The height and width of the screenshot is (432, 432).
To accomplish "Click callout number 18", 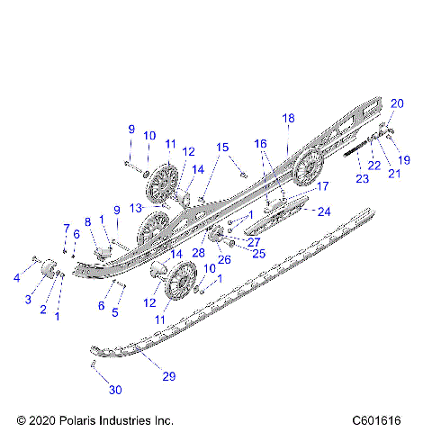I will pyautogui.click(x=288, y=118).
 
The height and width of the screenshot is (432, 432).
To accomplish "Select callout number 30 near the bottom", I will pyautogui.click(x=113, y=390).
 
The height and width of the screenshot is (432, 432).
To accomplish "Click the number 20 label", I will pyautogui.click(x=397, y=103).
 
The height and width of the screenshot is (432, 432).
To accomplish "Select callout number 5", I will pyautogui.click(x=114, y=312).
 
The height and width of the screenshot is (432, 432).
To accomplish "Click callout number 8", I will pyautogui.click(x=88, y=221).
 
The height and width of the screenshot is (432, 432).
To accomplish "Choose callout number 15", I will pyautogui.click(x=222, y=147).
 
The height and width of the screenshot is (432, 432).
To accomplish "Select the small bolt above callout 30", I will pyautogui.click(x=94, y=363).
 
